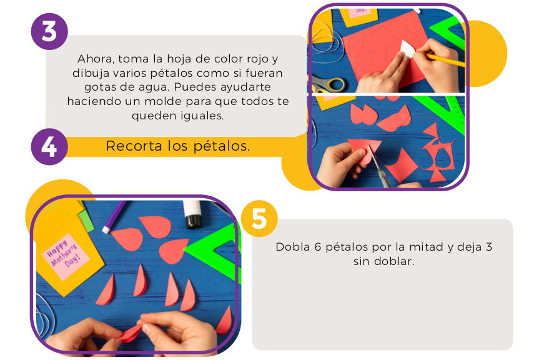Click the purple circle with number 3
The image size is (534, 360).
(x=49, y=31)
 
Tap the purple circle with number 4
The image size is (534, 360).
(x=49, y=147)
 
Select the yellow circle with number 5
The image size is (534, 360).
(x=259, y=219)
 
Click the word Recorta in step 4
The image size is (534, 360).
(x=134, y=146)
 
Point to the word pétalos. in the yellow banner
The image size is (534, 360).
(x=222, y=146)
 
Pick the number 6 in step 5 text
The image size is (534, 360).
(x=318, y=247)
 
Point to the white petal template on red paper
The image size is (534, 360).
(x=407, y=49)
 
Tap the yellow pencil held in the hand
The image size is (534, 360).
(x=445, y=59)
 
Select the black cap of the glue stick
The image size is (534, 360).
(x=194, y=222)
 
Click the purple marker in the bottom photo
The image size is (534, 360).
(x=114, y=216)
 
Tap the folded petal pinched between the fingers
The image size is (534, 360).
(x=130, y=333)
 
